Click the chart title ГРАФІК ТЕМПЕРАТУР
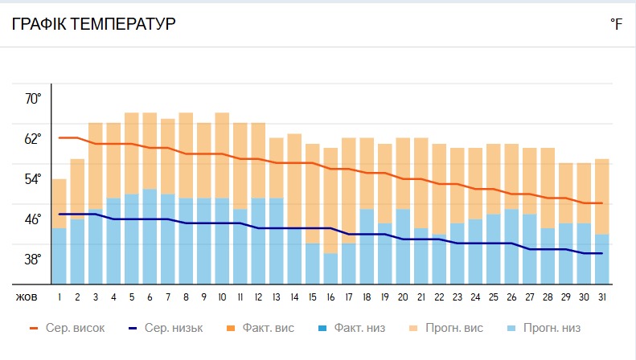93,24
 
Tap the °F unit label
616,25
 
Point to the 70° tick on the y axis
33,99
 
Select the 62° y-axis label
33,139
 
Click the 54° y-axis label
33,179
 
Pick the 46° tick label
33,219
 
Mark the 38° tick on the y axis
33,260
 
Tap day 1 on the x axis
59,297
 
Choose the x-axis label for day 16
330,297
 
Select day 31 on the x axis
601,297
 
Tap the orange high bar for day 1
59,202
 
